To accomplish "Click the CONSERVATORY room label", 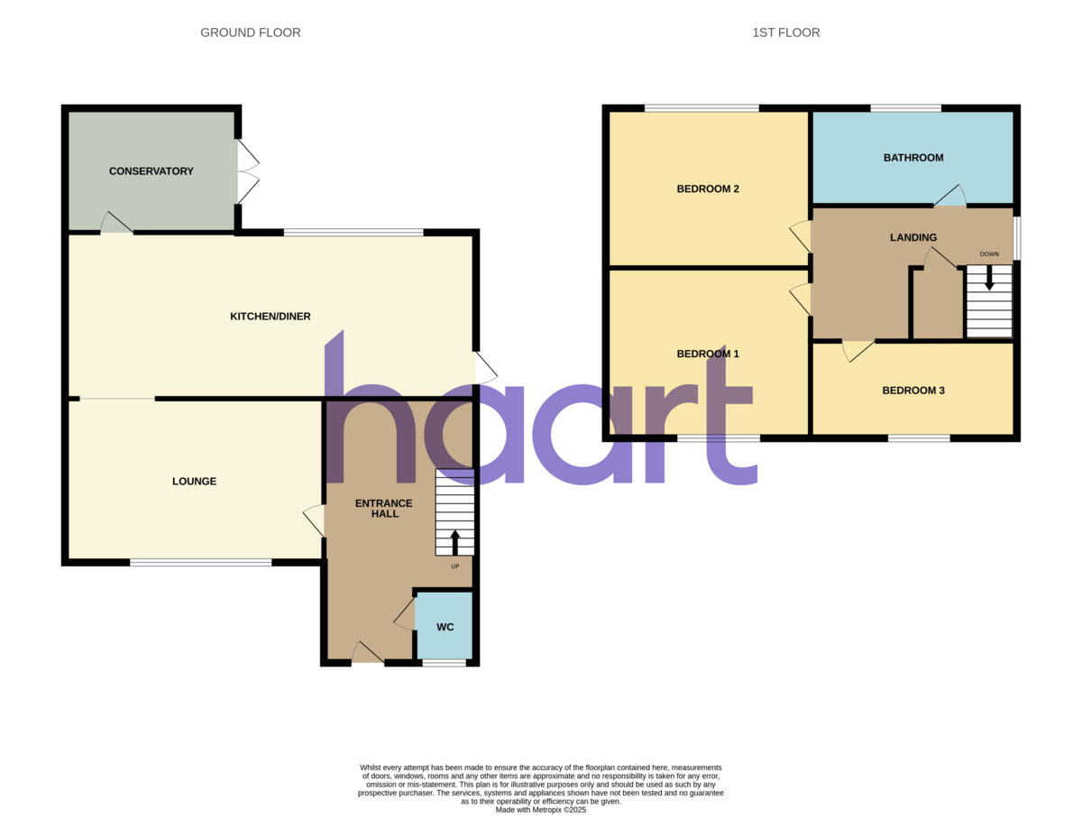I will [151, 171].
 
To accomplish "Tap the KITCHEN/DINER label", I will [270, 317].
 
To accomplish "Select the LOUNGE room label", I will [194, 482].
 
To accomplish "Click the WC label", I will [445, 627].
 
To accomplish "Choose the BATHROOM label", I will [913, 158].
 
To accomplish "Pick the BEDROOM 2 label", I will [708, 189].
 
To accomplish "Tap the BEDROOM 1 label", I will [708, 354].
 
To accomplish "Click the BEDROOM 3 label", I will [913, 391].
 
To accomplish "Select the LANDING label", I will [913, 238].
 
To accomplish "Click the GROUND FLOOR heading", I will [251, 32].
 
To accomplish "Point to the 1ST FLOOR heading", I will [786, 32].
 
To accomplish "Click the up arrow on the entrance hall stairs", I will [454, 541].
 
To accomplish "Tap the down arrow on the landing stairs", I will [989, 280].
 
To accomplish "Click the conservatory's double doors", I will [248, 171].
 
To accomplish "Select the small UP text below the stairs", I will [454, 566].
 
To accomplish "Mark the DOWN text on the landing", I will [989, 254].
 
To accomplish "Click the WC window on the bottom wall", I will [445, 664].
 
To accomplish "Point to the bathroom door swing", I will [949, 196].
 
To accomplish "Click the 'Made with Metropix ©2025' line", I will [541, 810].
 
